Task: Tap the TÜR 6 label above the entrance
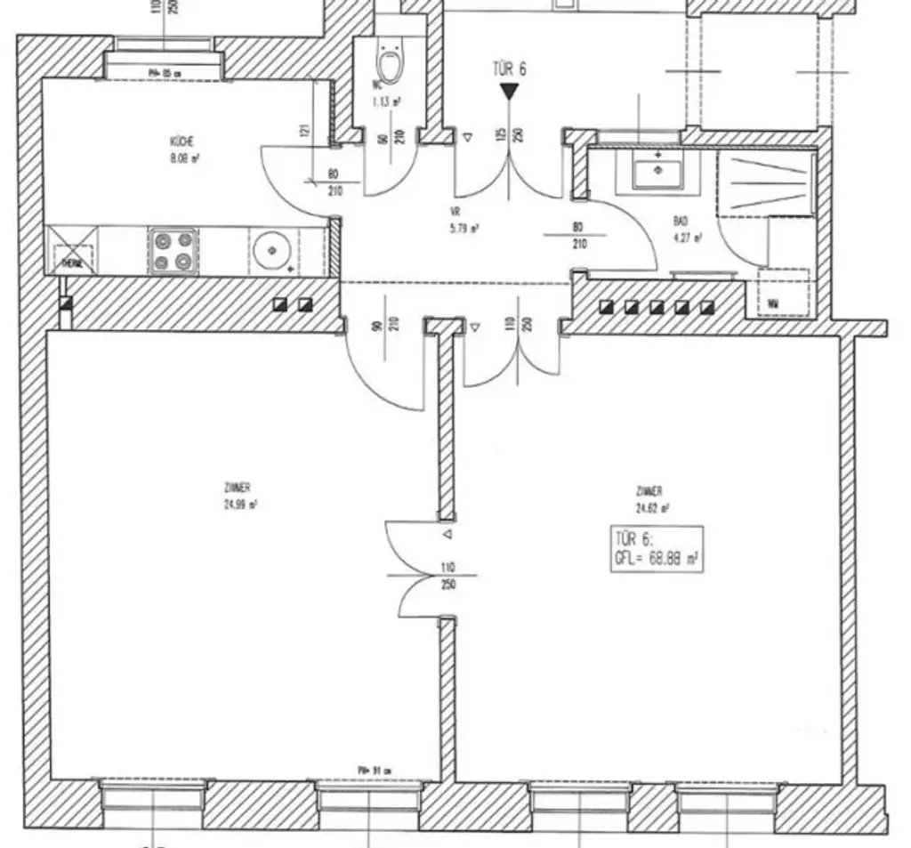click(509, 69)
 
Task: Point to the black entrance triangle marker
click(509, 91)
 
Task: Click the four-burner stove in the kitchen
click(173, 251)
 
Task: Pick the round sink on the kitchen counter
click(268, 250)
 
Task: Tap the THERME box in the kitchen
click(72, 251)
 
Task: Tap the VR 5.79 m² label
click(464, 221)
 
